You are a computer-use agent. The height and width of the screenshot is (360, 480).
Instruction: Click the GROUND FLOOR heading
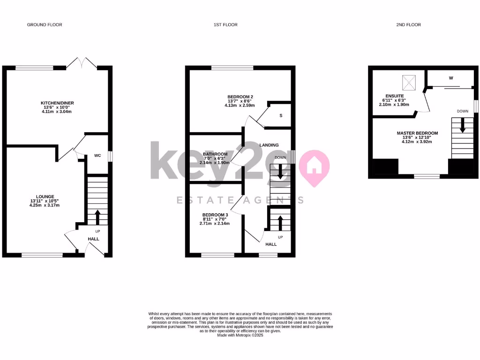click(x=45, y=24)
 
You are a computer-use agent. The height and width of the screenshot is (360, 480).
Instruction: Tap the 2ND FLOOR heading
click(x=408, y=24)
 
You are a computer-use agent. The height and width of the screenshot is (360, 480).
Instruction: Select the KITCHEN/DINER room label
click(x=58, y=103)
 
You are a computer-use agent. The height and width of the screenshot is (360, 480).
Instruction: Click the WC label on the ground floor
click(x=98, y=155)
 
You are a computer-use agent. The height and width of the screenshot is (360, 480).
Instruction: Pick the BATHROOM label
click(x=215, y=154)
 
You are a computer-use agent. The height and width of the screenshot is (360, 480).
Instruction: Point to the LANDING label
click(x=269, y=145)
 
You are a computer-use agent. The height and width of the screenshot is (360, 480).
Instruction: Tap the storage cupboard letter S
click(x=281, y=115)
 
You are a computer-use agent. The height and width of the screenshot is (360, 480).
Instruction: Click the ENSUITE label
click(x=392, y=96)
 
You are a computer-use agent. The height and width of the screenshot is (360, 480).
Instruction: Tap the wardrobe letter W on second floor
click(x=451, y=78)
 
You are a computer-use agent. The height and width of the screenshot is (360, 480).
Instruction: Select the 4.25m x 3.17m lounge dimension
click(x=45, y=205)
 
